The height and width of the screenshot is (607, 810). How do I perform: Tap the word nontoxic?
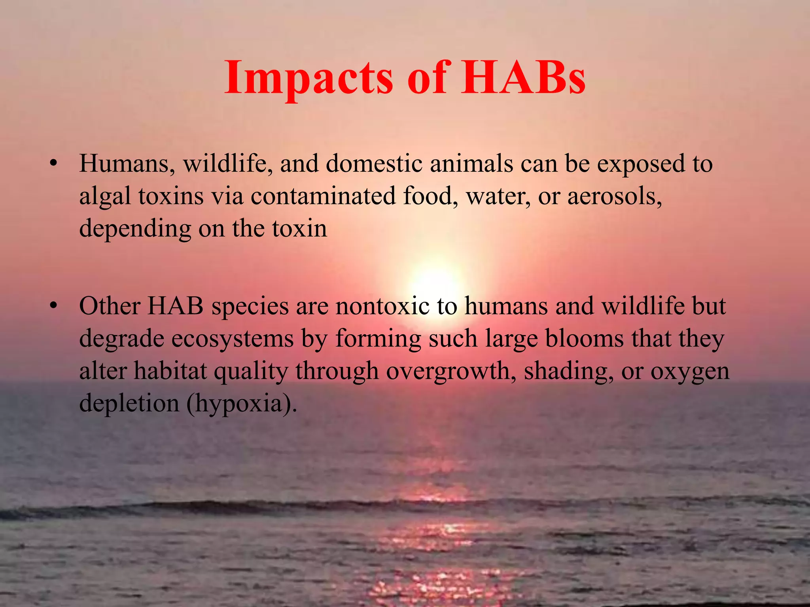382,306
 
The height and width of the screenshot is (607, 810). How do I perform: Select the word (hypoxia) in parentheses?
241,404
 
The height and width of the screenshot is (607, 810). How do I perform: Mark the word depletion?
129,404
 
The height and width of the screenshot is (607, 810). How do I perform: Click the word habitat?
170,371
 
